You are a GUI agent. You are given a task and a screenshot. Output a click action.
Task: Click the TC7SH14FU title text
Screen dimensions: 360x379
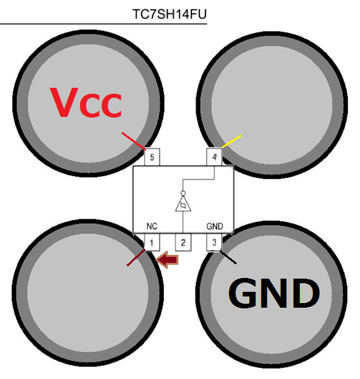point(170,14)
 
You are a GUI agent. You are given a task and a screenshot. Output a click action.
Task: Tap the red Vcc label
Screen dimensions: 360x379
point(86,102)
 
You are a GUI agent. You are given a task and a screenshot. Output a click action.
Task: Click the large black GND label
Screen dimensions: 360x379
point(274,293)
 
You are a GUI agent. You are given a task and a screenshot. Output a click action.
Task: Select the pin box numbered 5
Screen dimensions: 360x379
point(152,157)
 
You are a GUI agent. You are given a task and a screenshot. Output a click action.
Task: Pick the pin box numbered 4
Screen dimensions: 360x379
point(214,157)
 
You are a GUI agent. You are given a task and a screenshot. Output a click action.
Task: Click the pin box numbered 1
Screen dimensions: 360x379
point(152,242)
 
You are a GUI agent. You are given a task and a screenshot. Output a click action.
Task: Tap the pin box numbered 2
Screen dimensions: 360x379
point(183,242)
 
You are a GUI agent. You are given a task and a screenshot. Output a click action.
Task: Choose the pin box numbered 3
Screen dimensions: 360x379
point(214,242)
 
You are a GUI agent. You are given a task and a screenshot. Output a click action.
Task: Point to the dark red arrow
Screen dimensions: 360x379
point(167,260)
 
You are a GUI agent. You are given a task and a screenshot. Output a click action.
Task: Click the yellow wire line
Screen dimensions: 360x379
point(232,141)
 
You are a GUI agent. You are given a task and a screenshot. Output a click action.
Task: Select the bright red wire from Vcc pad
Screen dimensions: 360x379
point(133,141)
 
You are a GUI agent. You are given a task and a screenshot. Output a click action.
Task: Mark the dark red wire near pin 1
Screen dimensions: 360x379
point(136,258)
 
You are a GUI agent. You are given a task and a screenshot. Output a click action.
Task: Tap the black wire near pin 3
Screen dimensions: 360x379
point(228,258)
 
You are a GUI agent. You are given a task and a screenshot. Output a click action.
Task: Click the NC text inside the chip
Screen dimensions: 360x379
point(152,226)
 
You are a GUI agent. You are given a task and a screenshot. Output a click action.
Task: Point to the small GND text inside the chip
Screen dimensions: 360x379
point(215,226)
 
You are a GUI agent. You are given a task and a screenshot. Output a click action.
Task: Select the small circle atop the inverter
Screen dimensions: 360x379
point(183,193)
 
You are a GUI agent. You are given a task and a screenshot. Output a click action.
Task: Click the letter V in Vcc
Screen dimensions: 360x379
point(64,102)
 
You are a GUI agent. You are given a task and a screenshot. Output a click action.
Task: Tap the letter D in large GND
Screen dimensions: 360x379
point(306,293)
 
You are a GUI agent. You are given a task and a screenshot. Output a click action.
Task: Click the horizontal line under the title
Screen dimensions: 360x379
point(104,24)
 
